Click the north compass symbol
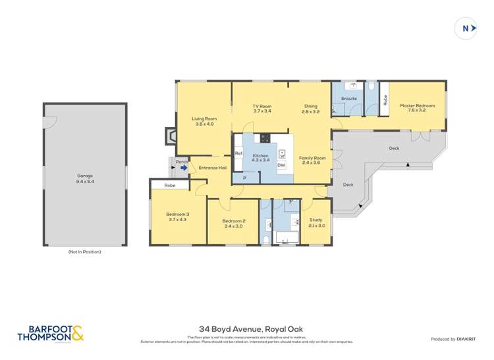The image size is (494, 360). (x=466, y=28)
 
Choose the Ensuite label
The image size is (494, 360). (x=349, y=99)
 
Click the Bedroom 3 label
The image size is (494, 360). (x=177, y=217)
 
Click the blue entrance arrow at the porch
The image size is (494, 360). (x=184, y=168)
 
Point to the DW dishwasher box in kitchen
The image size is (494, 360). (x=281, y=165)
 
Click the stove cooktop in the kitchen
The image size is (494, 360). (x=265, y=138)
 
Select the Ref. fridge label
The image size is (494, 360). (x=238, y=153)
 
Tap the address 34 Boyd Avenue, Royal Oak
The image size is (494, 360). (x=251, y=329)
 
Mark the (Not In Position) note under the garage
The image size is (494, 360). (x=85, y=251)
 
